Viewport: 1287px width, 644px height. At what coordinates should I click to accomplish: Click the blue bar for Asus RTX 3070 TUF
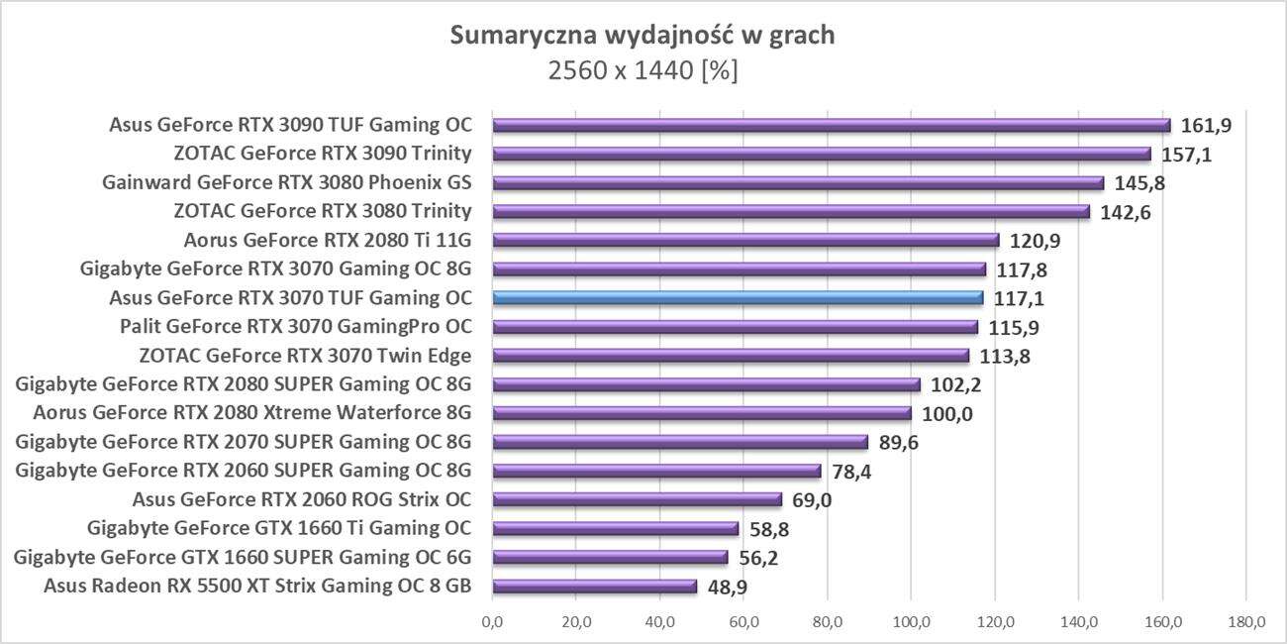point(738,297)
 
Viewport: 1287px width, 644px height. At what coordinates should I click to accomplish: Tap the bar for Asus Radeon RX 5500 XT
point(594,586)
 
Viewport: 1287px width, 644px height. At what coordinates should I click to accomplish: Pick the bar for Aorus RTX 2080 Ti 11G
point(745,240)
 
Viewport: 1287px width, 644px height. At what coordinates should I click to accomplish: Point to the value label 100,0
point(946,413)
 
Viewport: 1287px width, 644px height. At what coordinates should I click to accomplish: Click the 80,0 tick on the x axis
point(828,622)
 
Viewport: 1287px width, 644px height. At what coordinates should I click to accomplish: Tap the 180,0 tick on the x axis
point(1245,622)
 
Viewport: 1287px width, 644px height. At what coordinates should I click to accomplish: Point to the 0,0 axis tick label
point(492,622)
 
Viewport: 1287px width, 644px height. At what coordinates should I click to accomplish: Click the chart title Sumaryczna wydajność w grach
point(643,36)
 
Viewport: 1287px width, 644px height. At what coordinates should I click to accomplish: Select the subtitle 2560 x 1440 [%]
point(643,70)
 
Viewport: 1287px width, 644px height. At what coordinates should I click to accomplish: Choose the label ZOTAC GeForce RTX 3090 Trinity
point(322,154)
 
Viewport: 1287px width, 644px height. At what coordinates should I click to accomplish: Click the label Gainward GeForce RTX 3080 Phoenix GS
point(286,182)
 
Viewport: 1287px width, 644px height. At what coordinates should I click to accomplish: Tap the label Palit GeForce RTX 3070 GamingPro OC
point(295,326)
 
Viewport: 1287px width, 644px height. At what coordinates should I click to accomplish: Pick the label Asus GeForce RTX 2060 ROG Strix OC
point(301,498)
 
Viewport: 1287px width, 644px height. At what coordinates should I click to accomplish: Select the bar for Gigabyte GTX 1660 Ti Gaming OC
point(616,528)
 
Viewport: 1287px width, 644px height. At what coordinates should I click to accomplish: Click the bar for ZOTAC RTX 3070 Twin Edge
point(731,355)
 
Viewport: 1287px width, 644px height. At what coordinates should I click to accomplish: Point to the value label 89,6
point(898,442)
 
